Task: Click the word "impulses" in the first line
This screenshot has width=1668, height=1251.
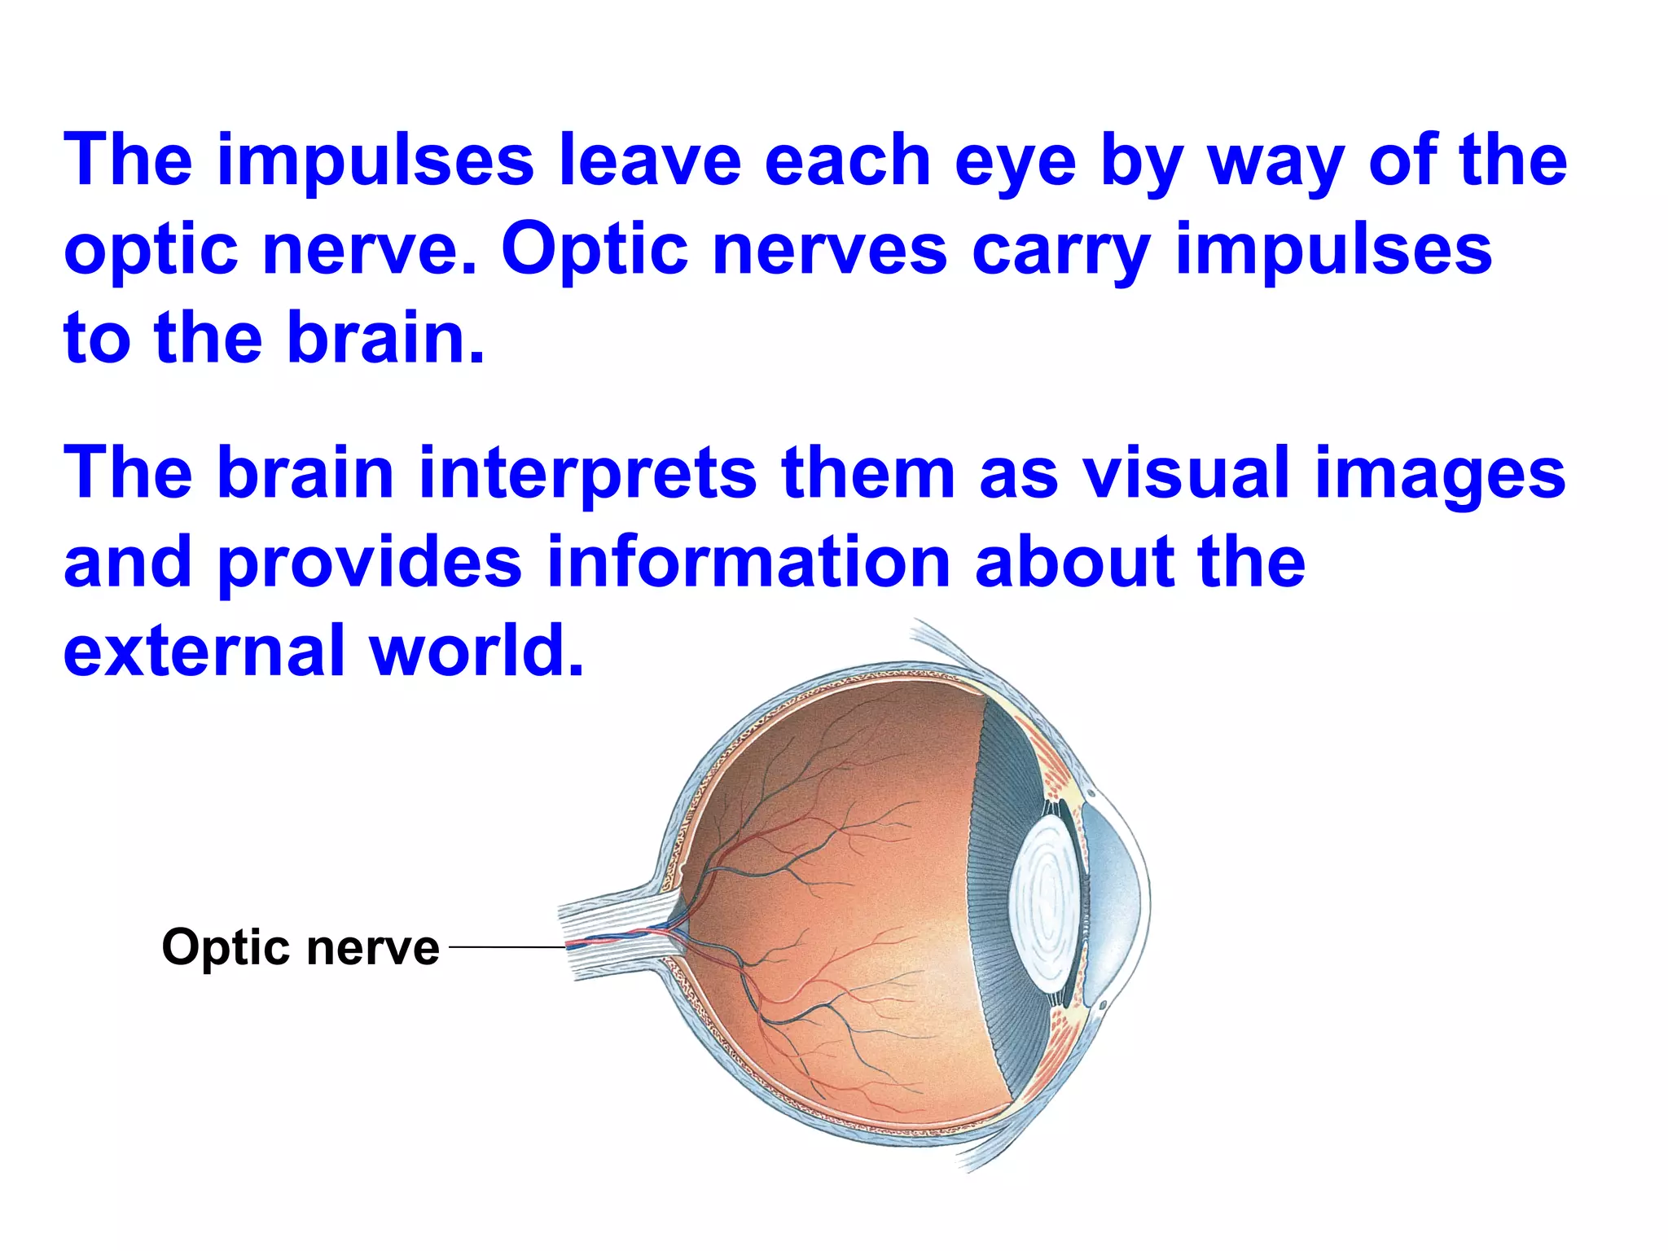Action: [375, 161]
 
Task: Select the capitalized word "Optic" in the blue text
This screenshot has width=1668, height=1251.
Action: [595, 249]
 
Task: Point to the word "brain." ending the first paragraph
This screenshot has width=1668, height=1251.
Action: [386, 337]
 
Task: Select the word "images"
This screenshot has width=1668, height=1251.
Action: [1440, 476]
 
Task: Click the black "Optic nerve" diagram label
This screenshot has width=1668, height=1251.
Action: [301, 947]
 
